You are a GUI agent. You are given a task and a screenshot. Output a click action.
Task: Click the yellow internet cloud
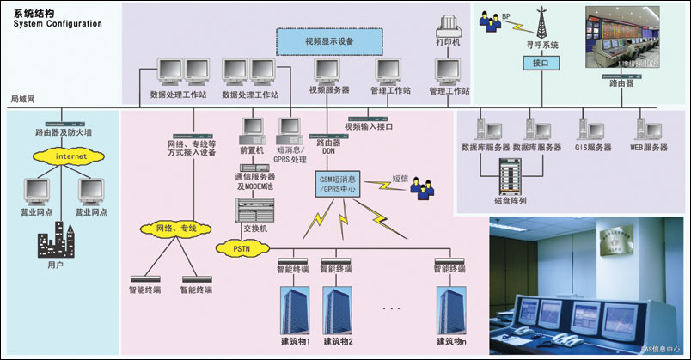[x=61, y=157]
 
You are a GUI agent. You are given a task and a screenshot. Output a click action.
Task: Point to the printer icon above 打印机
[x=451, y=26]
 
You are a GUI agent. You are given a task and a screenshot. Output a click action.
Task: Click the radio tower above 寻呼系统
[x=542, y=21]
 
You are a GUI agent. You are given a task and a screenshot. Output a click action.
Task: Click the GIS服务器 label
[x=593, y=148]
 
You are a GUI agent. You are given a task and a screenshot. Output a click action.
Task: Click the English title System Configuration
[x=57, y=23]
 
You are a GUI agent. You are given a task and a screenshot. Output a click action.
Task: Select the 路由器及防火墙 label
[x=62, y=133]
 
